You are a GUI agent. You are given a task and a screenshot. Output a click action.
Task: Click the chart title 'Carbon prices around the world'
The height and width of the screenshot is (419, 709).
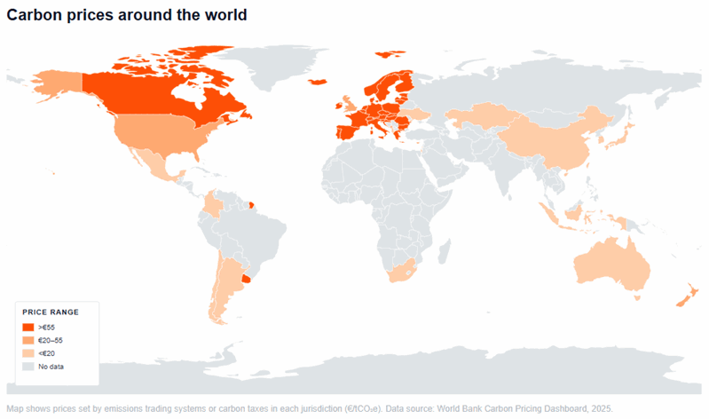point(127,15)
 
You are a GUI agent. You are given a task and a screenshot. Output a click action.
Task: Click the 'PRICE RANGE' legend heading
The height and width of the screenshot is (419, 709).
point(51,312)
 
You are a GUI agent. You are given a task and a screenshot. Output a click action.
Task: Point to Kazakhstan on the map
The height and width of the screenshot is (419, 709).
point(475,117)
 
